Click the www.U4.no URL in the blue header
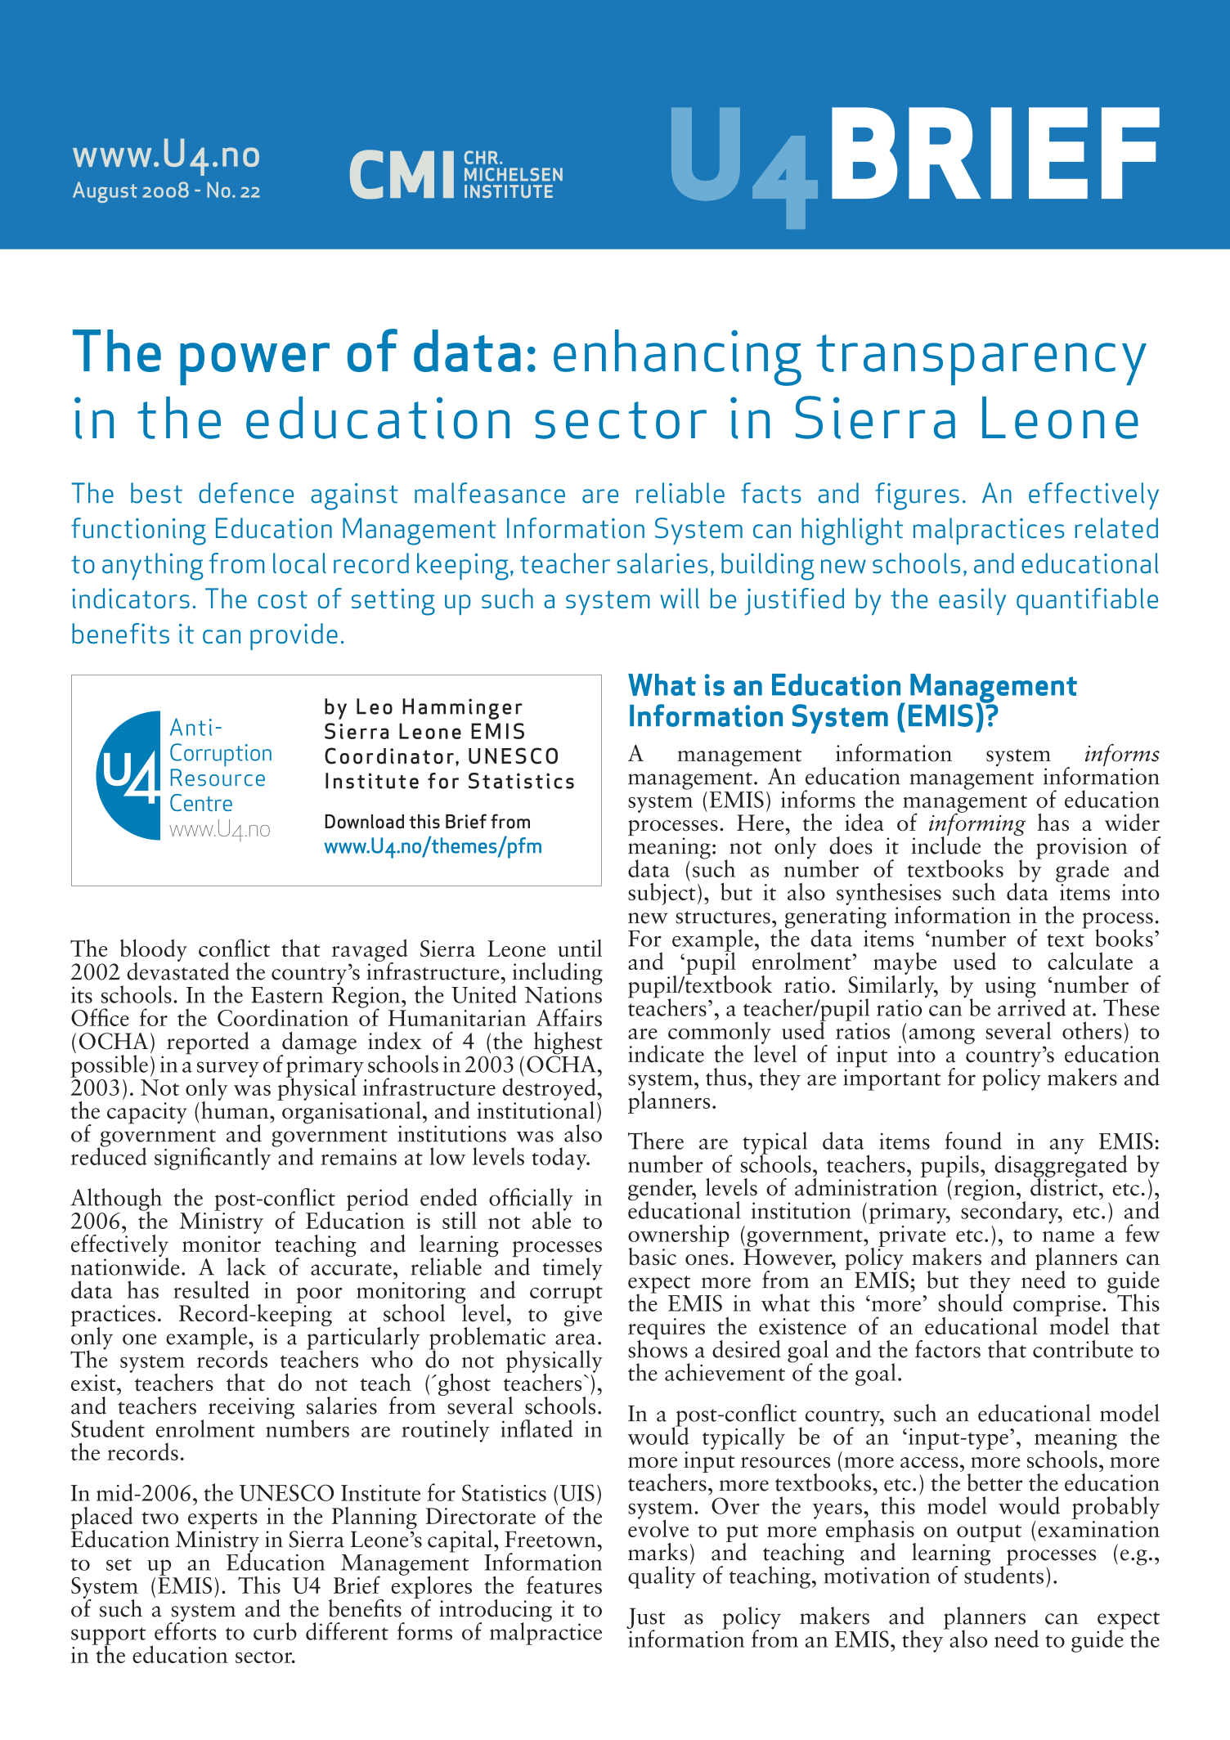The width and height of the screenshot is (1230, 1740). coord(166,154)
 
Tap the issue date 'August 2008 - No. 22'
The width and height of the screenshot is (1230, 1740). coord(166,191)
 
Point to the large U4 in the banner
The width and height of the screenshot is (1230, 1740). coord(743,164)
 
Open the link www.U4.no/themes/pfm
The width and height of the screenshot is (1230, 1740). coord(433,846)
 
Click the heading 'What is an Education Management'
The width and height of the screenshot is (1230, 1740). coord(851,685)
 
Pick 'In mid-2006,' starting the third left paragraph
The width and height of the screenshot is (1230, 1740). coord(133,1494)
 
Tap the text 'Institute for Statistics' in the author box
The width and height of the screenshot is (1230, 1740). coord(449,782)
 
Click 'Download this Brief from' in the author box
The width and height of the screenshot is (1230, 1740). coord(427,822)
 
